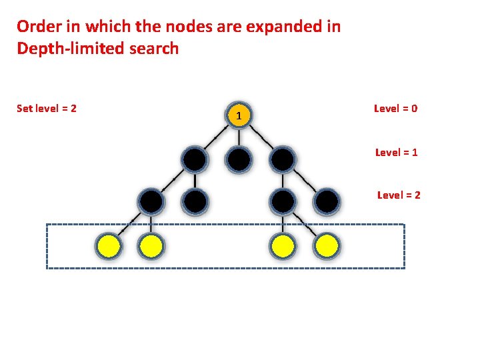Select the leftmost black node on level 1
click(x=195, y=159)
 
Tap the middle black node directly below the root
click(x=239, y=159)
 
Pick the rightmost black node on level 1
click(x=283, y=159)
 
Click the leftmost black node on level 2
click(x=151, y=201)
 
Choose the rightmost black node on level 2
click(x=327, y=201)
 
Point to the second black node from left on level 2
click(x=195, y=201)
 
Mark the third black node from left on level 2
click(x=283, y=201)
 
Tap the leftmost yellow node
click(x=108, y=247)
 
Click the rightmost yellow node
click(x=327, y=247)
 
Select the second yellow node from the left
click(x=151, y=247)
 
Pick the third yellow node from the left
click(x=283, y=247)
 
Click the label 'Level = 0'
click(x=396, y=108)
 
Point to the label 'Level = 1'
click(x=397, y=152)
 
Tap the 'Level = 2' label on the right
click(x=399, y=195)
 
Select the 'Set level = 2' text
click(x=47, y=108)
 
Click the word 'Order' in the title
click(x=39, y=27)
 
